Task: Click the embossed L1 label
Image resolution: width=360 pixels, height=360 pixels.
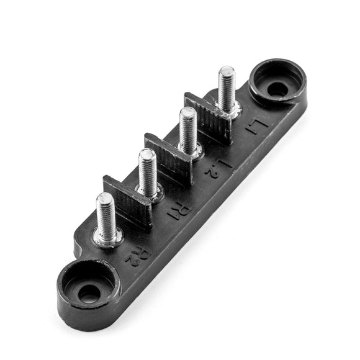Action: click(256, 127)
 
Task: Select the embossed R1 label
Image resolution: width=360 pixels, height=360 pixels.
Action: click(179, 211)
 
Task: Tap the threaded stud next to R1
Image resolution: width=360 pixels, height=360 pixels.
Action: click(148, 173)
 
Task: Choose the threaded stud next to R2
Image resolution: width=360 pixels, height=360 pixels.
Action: click(106, 217)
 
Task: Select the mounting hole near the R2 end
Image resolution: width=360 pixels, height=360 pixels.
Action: click(88, 294)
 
